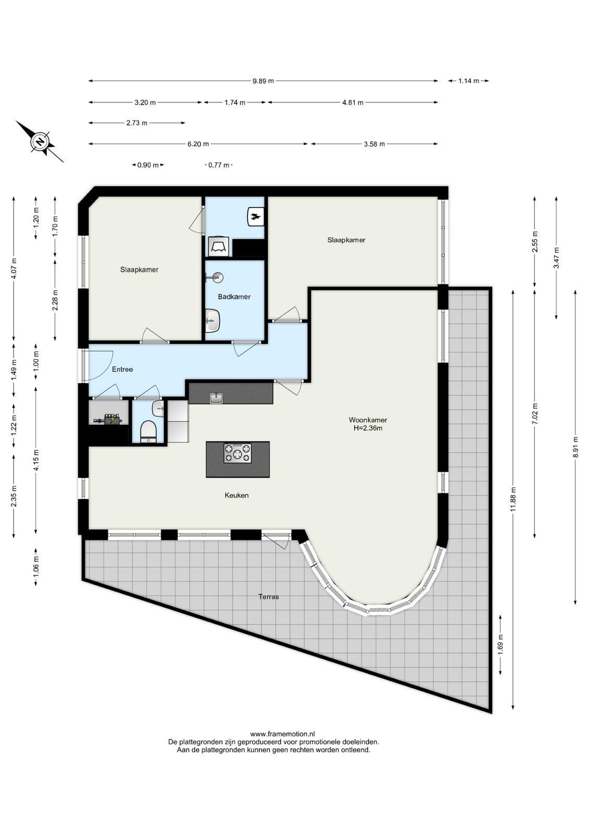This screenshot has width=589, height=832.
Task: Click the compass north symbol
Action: [40, 141]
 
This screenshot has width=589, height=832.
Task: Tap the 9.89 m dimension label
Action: [263, 81]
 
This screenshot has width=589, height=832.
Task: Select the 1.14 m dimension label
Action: [469, 81]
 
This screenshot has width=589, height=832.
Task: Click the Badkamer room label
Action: [234, 297]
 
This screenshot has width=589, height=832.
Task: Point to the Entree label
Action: [122, 369]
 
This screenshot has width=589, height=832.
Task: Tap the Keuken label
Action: [237, 495]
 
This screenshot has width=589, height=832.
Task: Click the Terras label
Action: [268, 597]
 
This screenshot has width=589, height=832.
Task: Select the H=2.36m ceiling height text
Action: [368, 428]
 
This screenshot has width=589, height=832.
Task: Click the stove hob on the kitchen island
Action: [237, 453]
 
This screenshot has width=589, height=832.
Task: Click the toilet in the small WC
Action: [148, 431]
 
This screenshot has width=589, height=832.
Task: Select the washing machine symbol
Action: [219, 246]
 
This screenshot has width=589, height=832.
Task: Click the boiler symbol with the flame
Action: [256, 216]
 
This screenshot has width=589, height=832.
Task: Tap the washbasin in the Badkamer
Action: [213, 320]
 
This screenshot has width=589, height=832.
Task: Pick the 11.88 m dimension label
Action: [513, 500]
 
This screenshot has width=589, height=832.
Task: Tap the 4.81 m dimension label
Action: [353, 102]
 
